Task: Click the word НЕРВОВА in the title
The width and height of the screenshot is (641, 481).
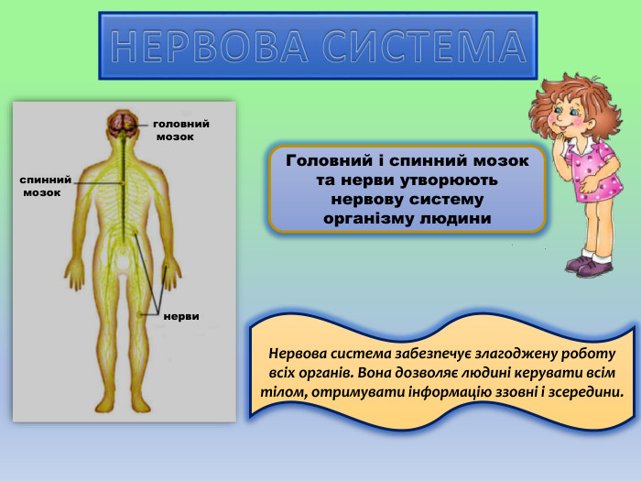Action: click(x=212, y=46)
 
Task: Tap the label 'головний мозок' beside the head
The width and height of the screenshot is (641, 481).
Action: click(x=179, y=129)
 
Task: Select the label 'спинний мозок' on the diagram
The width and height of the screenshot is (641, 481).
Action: click(x=44, y=186)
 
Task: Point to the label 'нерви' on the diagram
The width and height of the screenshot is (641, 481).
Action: click(x=182, y=316)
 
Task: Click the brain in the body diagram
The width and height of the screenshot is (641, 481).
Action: click(x=123, y=121)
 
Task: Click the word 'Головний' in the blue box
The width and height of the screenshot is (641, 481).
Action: click(x=326, y=160)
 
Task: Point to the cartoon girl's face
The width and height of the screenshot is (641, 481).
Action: click(x=568, y=119)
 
